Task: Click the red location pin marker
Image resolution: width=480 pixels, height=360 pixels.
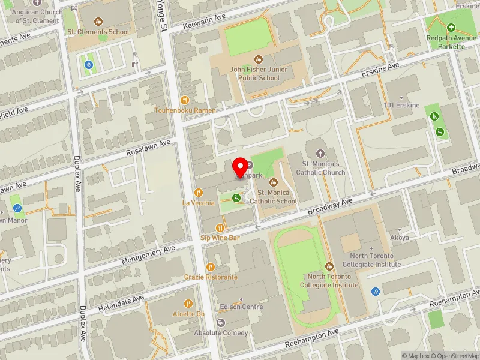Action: click(241, 167)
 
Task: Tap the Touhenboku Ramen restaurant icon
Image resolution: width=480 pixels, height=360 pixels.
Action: click(185, 100)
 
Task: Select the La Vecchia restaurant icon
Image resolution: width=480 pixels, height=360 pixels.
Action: click(198, 193)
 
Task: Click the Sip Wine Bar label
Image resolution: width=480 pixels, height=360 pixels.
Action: click(220, 238)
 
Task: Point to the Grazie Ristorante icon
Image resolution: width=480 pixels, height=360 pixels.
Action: click(211, 267)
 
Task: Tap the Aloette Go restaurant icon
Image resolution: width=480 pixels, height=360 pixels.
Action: click(188, 304)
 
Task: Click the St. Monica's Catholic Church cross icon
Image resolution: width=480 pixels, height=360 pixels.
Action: click(319, 154)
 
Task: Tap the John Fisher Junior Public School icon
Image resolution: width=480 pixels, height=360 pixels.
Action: click(259, 59)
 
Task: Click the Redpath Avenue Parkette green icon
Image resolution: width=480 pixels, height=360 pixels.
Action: click(451, 28)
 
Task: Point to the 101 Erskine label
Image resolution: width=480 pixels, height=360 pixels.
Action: click(402, 105)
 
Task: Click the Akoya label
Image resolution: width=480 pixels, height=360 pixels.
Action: click(400, 238)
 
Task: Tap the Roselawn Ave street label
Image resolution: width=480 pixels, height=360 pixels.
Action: click(149, 148)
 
